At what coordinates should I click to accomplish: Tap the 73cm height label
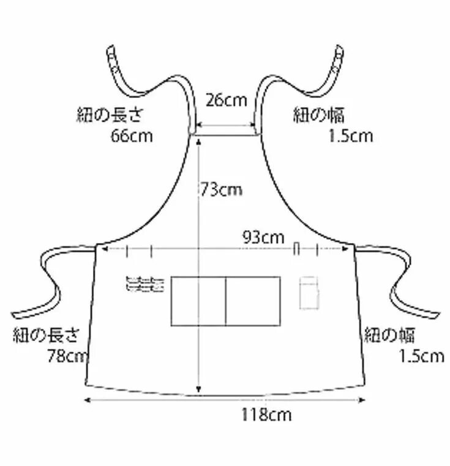click(x=222, y=190)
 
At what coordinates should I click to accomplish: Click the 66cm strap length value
click(x=132, y=135)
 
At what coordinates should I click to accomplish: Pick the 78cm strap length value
click(x=66, y=356)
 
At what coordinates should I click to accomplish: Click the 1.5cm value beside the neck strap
click(x=350, y=135)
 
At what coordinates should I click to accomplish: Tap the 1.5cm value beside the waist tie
click(x=421, y=356)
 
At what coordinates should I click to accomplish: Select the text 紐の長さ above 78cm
click(x=47, y=335)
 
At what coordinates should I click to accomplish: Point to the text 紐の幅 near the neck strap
click(x=318, y=115)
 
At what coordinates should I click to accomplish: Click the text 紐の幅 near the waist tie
click(x=389, y=335)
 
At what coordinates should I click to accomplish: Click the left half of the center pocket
click(x=198, y=301)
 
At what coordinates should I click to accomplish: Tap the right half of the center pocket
click(x=253, y=301)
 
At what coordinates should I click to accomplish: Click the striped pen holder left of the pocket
click(x=144, y=284)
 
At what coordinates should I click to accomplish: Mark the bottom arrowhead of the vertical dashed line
click(x=198, y=391)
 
